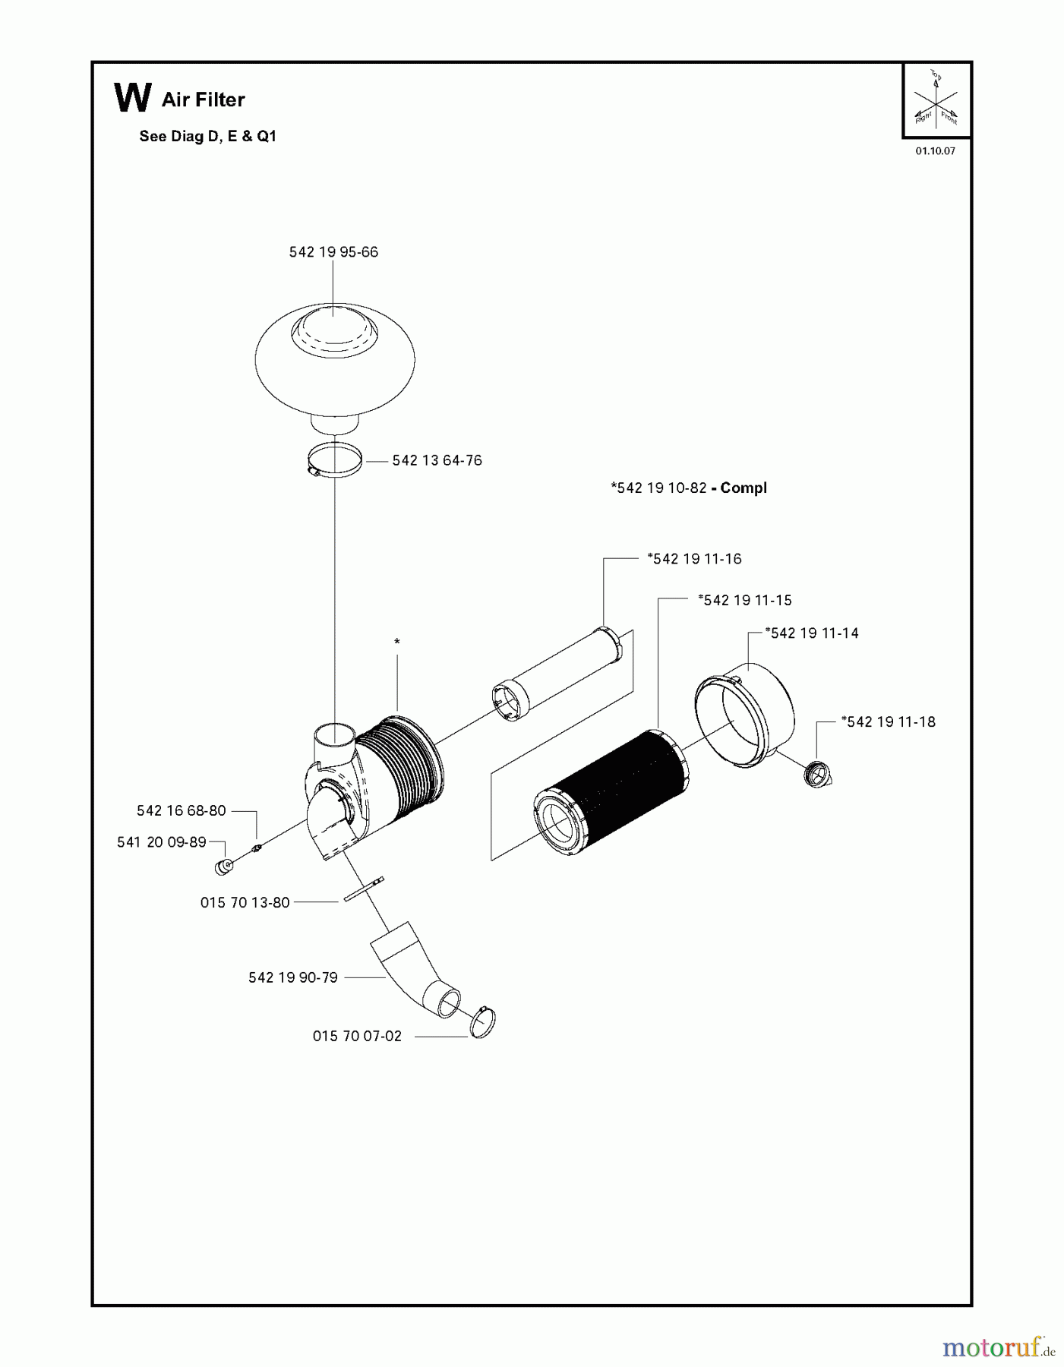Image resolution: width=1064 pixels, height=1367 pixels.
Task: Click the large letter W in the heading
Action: tap(132, 98)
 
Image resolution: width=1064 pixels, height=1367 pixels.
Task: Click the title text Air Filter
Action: tap(204, 99)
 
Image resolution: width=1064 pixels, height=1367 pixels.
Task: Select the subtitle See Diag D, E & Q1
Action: tap(208, 137)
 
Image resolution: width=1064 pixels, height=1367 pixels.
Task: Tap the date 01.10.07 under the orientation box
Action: tap(935, 151)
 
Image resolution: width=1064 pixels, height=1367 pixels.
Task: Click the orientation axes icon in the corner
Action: tap(936, 99)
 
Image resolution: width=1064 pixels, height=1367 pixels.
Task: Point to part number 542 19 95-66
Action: tap(333, 252)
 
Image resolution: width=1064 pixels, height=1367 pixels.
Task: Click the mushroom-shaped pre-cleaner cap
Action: tap(334, 369)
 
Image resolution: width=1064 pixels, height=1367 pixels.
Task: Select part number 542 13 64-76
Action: tap(437, 460)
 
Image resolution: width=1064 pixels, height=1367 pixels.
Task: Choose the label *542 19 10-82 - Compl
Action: tap(689, 488)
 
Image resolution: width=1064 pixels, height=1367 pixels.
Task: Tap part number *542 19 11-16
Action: tap(694, 559)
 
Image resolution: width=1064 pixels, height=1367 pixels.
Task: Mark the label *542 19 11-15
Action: tap(744, 600)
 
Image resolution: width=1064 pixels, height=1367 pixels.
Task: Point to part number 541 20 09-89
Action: tap(162, 842)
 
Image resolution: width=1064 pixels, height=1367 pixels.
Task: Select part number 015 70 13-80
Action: tap(245, 902)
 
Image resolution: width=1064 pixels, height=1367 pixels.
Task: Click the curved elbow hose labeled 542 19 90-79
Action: tap(415, 969)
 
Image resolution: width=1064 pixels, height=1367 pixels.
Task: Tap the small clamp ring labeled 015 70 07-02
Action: tap(482, 1022)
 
